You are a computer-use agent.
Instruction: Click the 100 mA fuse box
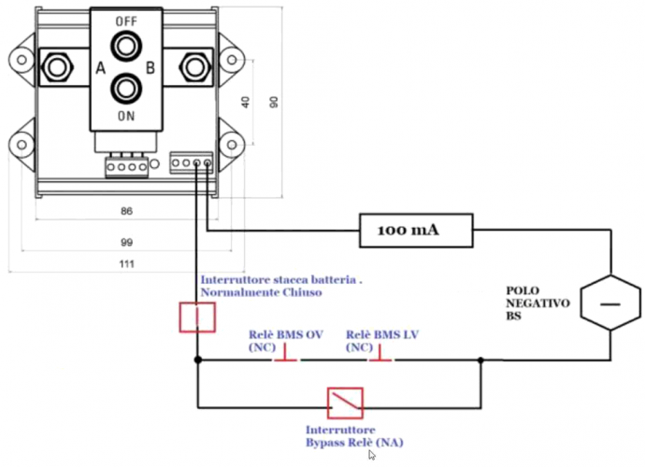click(416, 230)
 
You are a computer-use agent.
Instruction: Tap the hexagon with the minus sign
click(610, 303)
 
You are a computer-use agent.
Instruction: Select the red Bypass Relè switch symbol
click(345, 403)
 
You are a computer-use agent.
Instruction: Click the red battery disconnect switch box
click(197, 317)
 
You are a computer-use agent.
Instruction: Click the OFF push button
click(126, 46)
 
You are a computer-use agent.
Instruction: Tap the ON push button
click(126, 88)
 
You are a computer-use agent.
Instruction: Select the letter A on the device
click(101, 68)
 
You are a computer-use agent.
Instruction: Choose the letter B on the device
click(150, 67)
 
